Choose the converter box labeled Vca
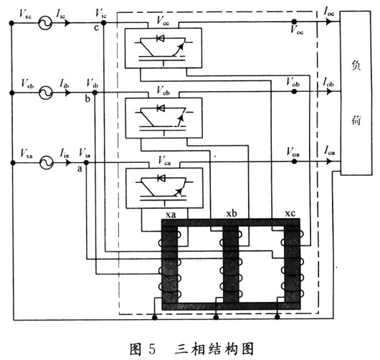163,186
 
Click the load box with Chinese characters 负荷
356,93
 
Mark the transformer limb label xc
289,214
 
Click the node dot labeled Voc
293,23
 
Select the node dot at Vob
294,93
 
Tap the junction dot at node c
105,23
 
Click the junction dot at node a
86,163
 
